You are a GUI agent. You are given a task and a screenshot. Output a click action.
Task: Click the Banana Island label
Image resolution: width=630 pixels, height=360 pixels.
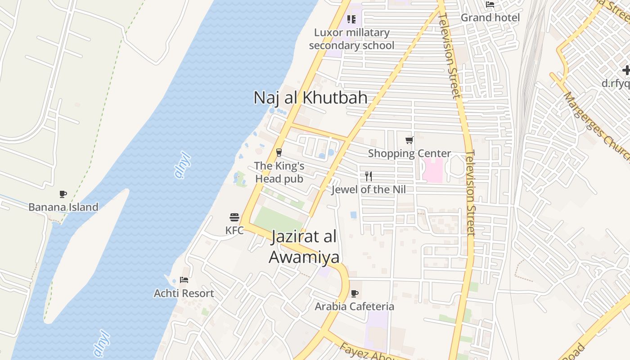[63, 207]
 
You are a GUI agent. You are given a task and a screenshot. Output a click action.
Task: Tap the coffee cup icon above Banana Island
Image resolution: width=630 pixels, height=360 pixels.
[63, 194]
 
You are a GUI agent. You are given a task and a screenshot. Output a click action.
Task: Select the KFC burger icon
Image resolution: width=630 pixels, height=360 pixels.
[234, 218]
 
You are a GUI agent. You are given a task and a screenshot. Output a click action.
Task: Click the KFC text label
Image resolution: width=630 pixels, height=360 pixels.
[234, 230]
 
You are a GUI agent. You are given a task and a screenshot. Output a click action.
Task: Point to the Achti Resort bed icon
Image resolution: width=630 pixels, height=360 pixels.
[184, 280]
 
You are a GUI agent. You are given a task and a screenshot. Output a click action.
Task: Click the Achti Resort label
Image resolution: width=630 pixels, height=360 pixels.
[184, 293]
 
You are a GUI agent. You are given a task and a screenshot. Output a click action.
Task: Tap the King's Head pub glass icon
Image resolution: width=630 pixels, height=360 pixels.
[279, 153]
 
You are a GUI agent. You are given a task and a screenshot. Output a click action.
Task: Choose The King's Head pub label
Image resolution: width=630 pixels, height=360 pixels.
[279, 172]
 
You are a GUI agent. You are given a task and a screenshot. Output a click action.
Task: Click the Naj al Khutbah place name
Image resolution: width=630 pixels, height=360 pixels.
[310, 98]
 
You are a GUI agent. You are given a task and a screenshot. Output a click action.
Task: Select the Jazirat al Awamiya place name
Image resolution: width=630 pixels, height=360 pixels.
[304, 247]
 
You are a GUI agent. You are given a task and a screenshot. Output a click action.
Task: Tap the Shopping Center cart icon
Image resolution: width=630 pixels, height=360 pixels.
[409, 140]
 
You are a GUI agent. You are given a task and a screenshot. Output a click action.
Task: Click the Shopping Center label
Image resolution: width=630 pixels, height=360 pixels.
[409, 153]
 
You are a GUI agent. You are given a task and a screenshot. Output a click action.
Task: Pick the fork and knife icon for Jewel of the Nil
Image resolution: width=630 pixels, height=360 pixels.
[369, 176]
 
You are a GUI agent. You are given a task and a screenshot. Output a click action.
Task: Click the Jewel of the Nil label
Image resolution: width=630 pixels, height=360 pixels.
[369, 189]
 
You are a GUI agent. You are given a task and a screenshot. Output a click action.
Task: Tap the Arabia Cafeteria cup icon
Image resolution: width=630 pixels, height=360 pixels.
[355, 294]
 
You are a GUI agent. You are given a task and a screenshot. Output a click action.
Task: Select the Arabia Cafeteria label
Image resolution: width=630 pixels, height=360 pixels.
[355, 306]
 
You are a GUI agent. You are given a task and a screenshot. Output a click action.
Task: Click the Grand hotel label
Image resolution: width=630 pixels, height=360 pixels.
[490, 18]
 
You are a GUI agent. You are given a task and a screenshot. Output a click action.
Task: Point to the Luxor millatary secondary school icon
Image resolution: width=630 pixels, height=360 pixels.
[351, 19]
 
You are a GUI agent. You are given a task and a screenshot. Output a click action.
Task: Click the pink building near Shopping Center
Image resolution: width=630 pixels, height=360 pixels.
[433, 170]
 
